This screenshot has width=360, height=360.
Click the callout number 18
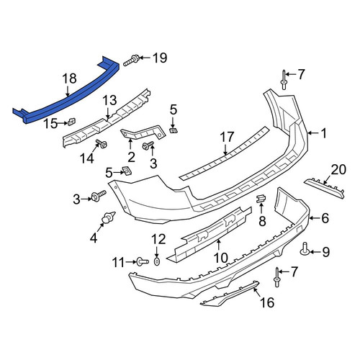(x=70, y=78)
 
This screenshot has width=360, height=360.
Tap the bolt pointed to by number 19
(x=131, y=60)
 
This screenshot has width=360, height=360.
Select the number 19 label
(x=160, y=58)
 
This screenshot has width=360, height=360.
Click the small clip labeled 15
(x=71, y=122)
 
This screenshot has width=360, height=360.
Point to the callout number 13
(x=109, y=100)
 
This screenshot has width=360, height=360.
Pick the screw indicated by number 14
(x=102, y=144)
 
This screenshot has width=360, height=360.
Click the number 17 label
(x=227, y=137)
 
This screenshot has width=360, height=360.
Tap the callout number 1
(x=324, y=133)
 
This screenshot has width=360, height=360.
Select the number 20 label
(x=338, y=169)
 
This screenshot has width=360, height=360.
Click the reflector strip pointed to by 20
(x=324, y=189)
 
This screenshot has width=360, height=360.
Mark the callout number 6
(x=325, y=218)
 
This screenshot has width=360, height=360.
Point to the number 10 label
(x=221, y=258)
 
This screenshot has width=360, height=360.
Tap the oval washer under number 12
(x=157, y=262)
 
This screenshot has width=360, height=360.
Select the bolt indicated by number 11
(x=143, y=261)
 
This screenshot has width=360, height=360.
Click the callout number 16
(x=267, y=302)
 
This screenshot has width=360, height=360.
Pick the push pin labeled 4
(x=109, y=217)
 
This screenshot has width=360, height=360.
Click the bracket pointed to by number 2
(x=143, y=134)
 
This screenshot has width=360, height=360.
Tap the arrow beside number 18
(x=68, y=91)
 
